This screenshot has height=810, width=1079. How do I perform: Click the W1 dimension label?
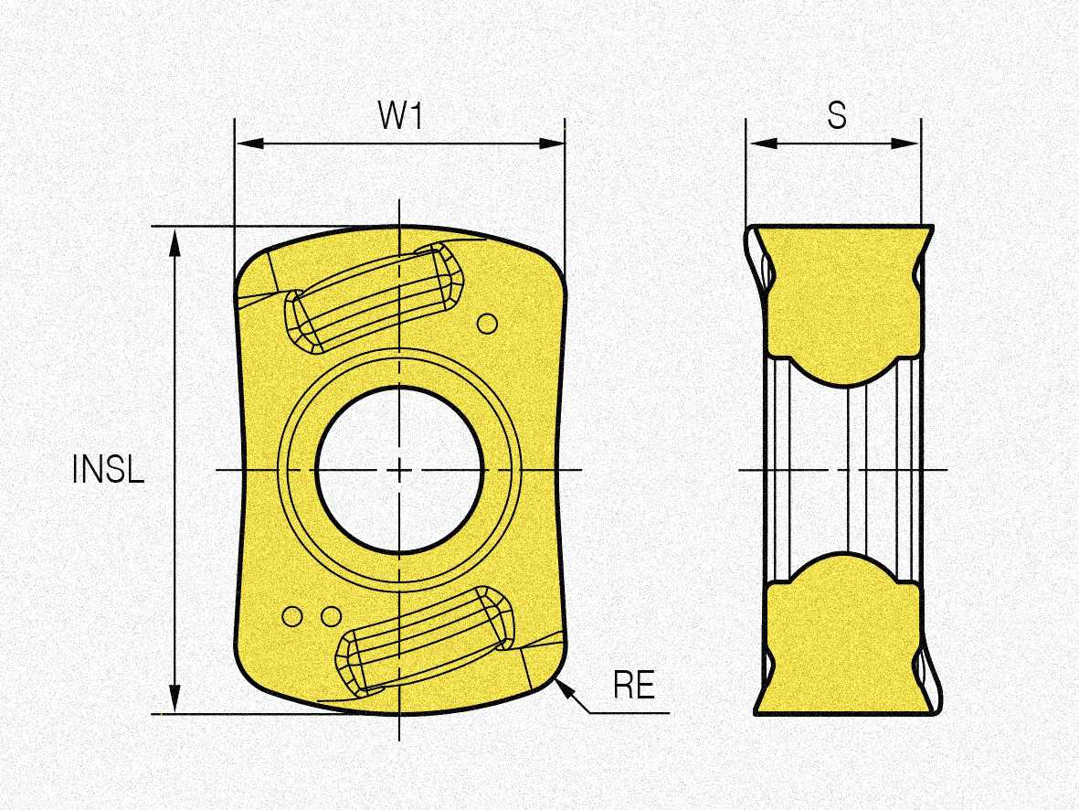click(399, 115)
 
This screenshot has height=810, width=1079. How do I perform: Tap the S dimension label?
click(836, 115)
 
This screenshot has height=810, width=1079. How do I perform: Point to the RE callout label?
click(634, 685)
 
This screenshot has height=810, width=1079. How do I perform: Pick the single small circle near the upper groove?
click(488, 323)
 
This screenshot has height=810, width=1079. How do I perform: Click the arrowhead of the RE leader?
click(562, 687)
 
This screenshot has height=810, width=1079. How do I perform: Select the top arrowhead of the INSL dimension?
click(175, 235)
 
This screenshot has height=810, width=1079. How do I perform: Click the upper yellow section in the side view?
click(841, 293)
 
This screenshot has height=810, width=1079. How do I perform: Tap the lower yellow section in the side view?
click(841, 640)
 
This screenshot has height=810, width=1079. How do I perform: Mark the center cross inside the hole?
click(400, 469)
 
